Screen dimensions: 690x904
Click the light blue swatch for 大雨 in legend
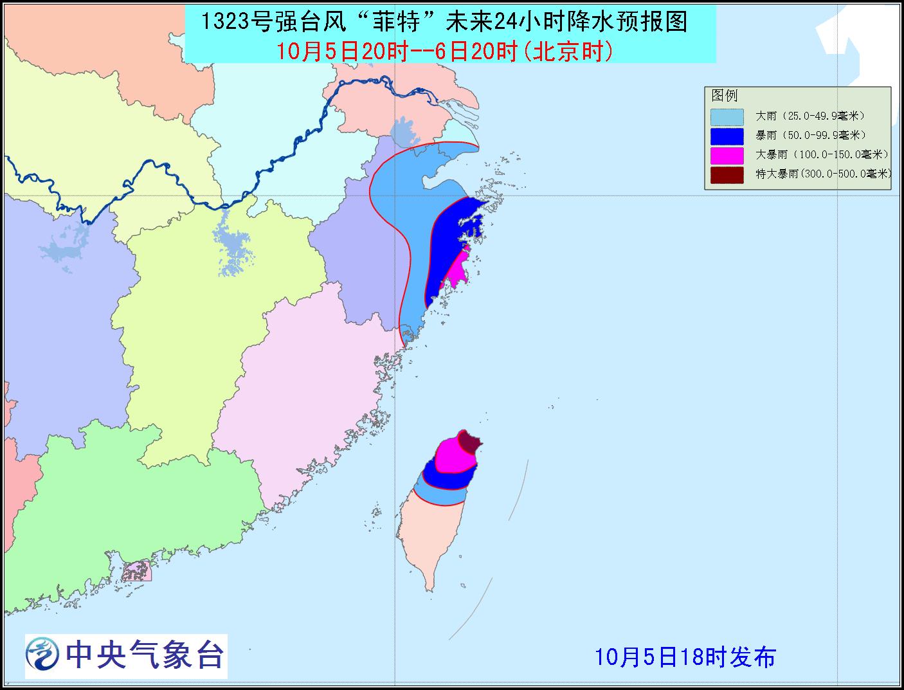[727, 117]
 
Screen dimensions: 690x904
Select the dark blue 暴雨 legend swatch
[727, 136]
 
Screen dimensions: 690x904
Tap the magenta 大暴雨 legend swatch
[727, 156]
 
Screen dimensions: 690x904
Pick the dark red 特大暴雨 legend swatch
[727, 174]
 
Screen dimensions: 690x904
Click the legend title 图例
[725, 96]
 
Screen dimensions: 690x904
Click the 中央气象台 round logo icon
[43, 656]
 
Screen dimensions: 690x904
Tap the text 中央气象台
[144, 656]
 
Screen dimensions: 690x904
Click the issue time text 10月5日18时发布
[685, 657]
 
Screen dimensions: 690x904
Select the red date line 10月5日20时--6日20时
[444, 51]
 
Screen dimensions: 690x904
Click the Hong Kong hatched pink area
[137, 570]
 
